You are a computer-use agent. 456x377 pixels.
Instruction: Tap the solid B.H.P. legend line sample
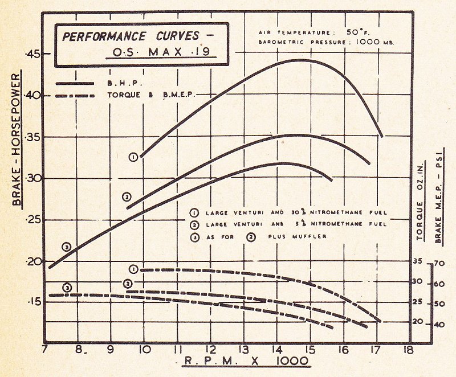click(75, 83)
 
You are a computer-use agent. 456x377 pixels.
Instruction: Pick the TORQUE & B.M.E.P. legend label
click(151, 95)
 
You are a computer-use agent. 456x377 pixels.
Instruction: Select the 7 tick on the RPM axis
click(45, 351)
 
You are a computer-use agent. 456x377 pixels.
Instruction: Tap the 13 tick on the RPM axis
click(243, 351)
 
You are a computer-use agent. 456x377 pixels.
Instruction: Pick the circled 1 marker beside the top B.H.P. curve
click(133, 157)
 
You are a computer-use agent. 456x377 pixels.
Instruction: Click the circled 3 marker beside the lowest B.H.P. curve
click(67, 247)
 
